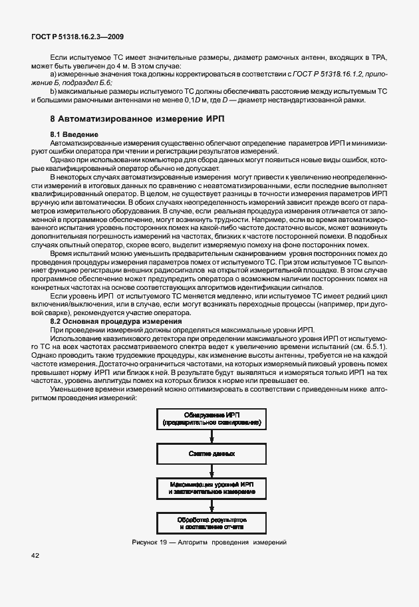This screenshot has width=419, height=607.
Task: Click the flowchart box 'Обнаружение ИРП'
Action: tap(211, 418)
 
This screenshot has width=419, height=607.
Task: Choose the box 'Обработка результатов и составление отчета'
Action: tap(211, 522)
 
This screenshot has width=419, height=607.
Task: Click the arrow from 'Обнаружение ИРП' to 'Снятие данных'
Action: tap(211, 436)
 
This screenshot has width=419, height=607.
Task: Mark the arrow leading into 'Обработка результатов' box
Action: tap(211, 506)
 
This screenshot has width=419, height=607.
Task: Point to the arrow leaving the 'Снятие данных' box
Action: tap(211, 471)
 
